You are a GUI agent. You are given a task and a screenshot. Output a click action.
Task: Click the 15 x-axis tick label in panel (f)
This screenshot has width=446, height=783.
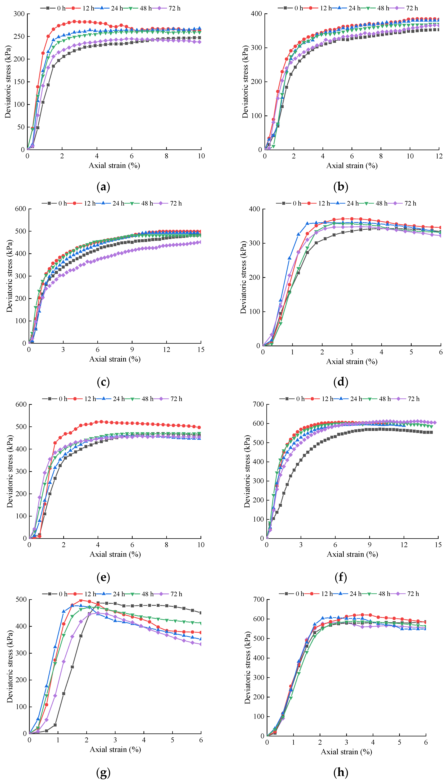tap(438, 545)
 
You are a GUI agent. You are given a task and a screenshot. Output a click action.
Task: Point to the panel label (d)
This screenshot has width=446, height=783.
tap(341, 382)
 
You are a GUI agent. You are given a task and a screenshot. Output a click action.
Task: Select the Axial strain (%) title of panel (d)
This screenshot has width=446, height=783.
tap(352, 362)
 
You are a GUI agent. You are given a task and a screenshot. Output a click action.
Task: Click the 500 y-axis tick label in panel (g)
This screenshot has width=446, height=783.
tap(21, 599)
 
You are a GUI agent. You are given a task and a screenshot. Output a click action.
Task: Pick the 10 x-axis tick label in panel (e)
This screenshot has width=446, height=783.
tap(201, 545)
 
